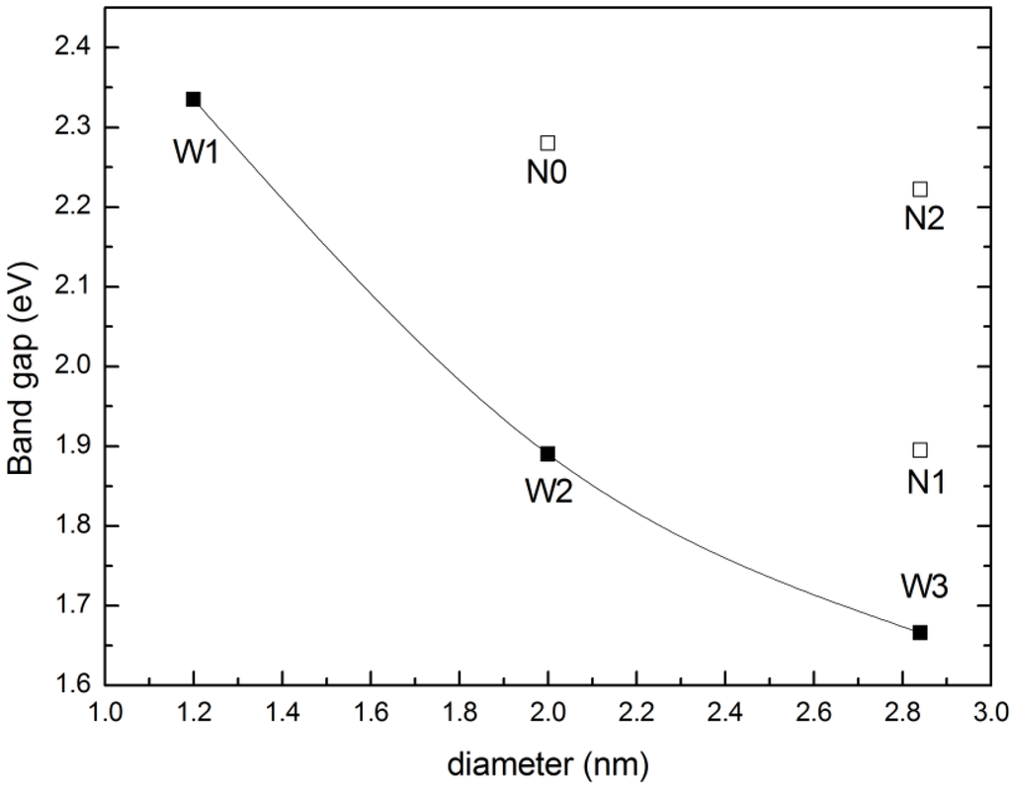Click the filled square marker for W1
click(194, 99)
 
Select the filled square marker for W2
click(548, 454)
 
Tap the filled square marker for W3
click(920, 632)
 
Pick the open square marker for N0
click(548, 143)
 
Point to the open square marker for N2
click(920, 189)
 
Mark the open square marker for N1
click(920, 450)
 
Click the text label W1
click(196, 153)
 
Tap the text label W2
click(549, 491)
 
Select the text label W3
click(924, 587)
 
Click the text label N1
click(926, 482)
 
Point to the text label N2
click(924, 219)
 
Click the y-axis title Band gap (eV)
click(24, 366)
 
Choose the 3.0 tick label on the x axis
click(989, 714)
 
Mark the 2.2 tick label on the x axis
click(636, 714)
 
